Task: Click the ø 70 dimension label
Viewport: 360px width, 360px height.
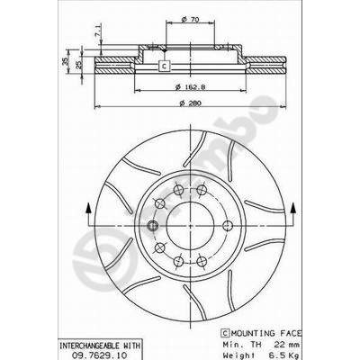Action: tap(190, 20)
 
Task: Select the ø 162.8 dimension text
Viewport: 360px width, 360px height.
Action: tap(190, 87)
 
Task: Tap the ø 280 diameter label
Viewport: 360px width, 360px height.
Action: tap(190, 103)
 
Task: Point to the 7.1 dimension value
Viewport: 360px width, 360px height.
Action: tap(98, 31)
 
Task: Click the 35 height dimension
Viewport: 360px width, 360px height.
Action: tap(65, 61)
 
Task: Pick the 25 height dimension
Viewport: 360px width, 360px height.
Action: tap(78, 65)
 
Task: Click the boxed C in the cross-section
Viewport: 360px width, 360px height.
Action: tap(164, 66)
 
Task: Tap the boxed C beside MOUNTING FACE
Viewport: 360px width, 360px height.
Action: tap(225, 333)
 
